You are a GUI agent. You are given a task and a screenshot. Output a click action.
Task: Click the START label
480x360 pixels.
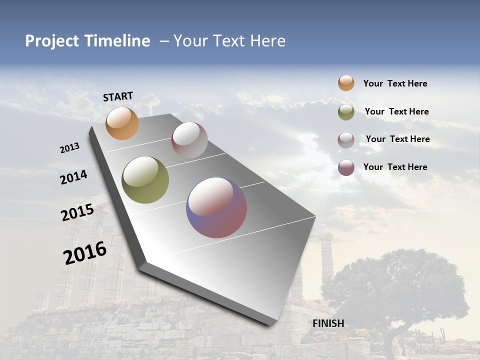pos(118,96)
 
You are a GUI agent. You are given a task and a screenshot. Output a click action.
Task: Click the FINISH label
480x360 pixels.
pos(328,323)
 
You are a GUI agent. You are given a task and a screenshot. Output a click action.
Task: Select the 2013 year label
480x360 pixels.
pos(69,148)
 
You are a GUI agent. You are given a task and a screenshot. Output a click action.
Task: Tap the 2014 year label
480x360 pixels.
pos(73,177)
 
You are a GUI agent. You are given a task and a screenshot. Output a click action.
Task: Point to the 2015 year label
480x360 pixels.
pos(77,212)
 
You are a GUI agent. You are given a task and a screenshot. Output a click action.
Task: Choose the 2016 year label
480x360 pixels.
pos(85,253)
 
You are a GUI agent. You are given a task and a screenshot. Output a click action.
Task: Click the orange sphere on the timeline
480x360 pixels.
pos(122,123)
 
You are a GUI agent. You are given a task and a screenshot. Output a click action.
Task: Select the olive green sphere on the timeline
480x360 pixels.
pos(145,180)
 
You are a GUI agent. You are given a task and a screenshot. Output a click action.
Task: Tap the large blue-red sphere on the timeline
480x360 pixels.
pos(216,207)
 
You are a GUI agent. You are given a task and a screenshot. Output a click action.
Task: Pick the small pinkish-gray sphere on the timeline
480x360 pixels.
pos(189,140)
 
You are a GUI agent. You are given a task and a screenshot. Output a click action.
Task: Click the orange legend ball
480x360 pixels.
pos(346,83)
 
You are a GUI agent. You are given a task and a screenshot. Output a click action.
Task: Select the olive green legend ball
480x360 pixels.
pos(346,112)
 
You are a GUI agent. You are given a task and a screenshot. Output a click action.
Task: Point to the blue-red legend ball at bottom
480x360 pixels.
pos(346,167)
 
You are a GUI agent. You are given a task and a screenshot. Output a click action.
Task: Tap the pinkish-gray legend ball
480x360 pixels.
pos(346,140)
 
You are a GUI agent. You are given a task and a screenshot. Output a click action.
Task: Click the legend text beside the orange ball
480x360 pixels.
pos(395,84)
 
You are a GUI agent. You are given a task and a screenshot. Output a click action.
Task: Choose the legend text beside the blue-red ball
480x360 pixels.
pos(395,167)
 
